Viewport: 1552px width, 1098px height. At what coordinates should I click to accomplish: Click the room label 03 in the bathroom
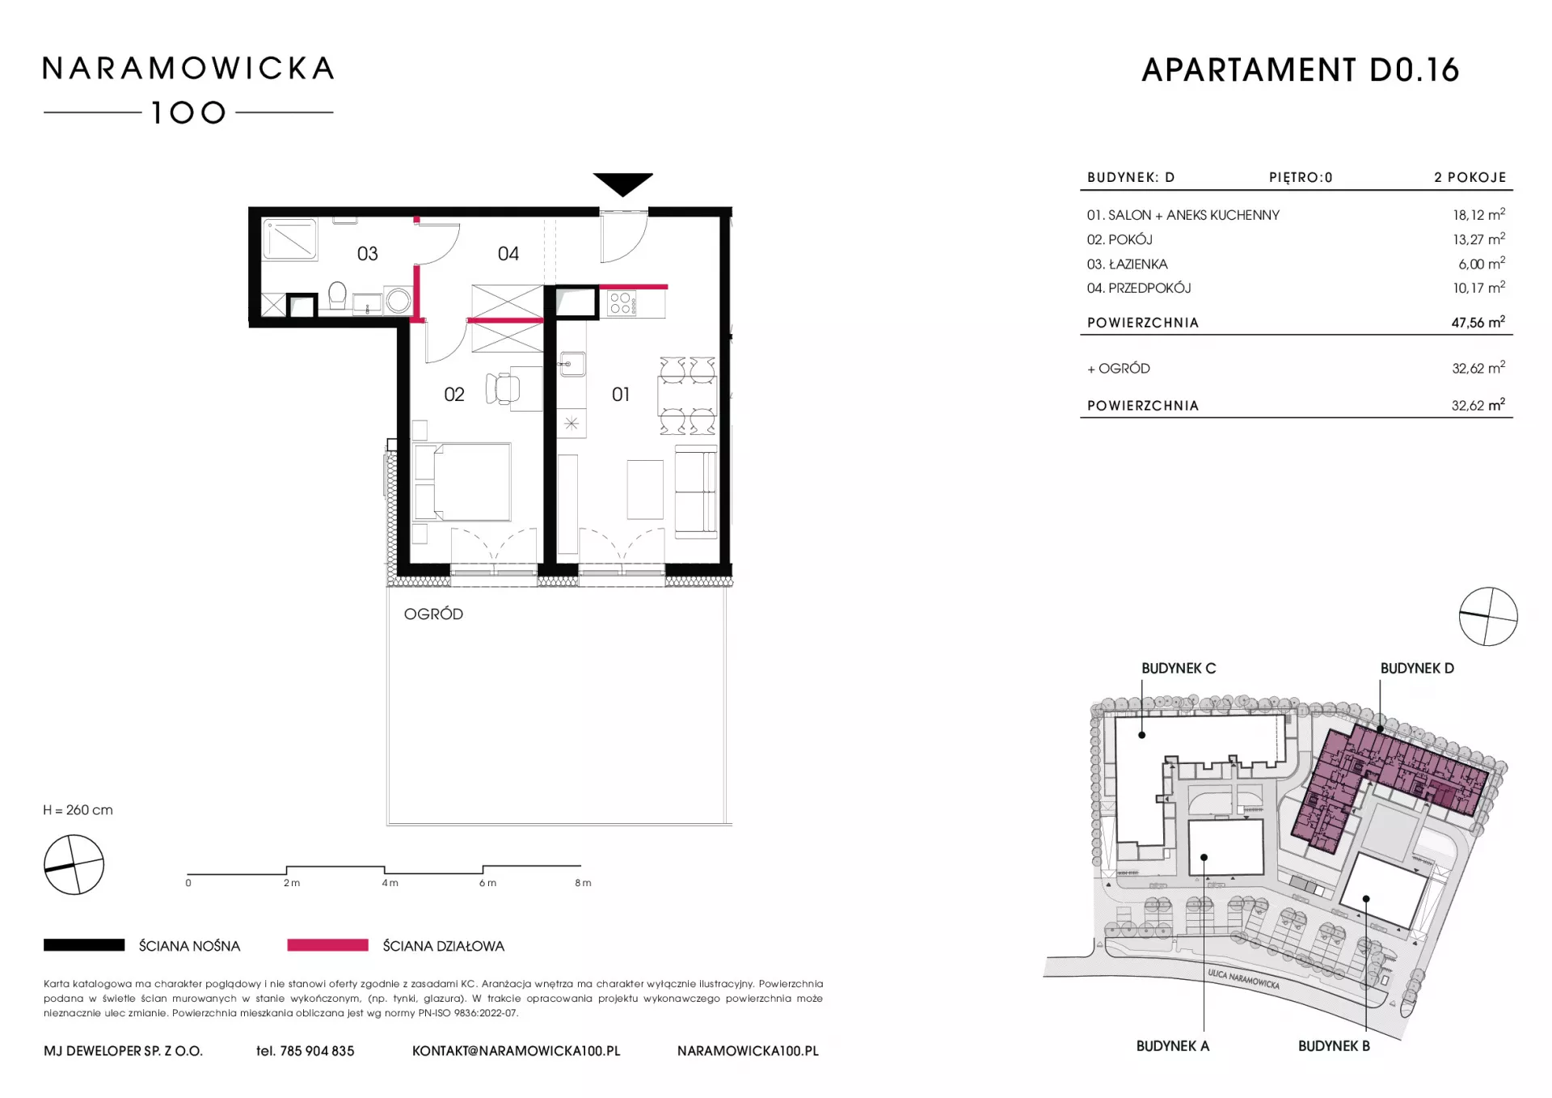tap(368, 254)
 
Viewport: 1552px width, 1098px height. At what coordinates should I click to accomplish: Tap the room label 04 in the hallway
tap(508, 254)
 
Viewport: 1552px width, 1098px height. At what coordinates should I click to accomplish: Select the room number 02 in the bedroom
tap(454, 395)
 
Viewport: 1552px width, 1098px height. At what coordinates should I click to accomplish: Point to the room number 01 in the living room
tap(621, 395)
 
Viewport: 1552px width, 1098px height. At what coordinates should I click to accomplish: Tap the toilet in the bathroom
tap(337, 295)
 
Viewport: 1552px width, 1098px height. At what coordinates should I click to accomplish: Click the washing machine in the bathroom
tap(398, 300)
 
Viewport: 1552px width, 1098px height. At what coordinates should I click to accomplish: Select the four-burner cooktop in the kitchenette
tap(622, 303)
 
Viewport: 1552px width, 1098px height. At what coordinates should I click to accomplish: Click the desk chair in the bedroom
tap(502, 388)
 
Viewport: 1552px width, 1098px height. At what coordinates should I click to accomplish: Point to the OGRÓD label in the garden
tap(433, 614)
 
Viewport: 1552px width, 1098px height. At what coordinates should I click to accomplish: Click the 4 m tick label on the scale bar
tap(390, 883)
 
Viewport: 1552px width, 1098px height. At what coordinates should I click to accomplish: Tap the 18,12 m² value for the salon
tap(1478, 214)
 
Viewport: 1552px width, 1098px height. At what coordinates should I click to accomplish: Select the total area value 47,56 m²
tap(1478, 322)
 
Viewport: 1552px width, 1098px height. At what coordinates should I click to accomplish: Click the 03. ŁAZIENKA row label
tap(1127, 264)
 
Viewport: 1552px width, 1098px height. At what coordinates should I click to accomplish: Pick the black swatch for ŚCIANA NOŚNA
tap(84, 944)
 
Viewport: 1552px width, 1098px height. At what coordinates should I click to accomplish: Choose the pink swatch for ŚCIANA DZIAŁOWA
tap(327, 944)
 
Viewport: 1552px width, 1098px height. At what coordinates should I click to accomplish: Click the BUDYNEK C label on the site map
tap(1179, 669)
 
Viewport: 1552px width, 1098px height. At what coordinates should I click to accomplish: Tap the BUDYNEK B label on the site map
tap(1334, 1046)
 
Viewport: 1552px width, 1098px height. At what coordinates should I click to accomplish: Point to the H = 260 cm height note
tap(78, 810)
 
